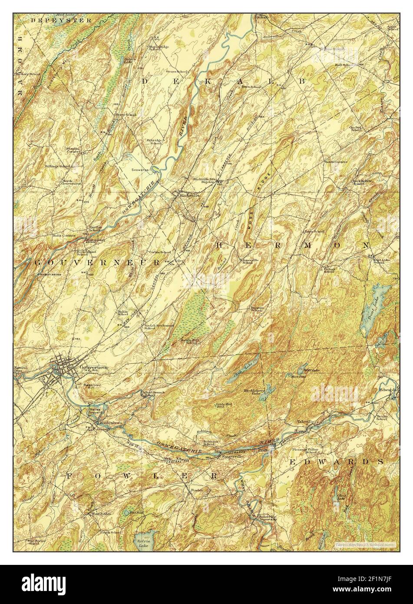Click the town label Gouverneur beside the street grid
(x=93, y=366)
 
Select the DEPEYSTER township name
(x=60, y=20)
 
